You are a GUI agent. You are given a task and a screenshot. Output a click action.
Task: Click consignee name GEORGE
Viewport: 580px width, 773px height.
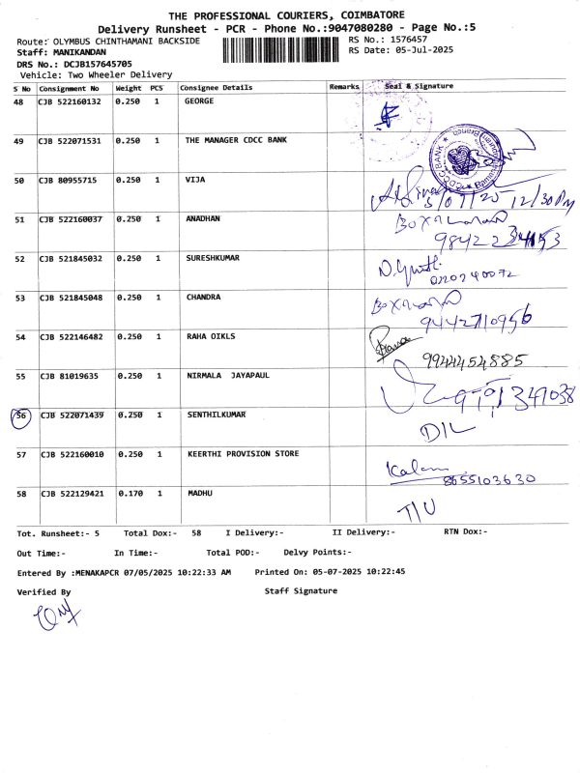point(198,101)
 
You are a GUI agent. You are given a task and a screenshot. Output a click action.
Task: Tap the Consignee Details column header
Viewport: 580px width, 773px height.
point(217,87)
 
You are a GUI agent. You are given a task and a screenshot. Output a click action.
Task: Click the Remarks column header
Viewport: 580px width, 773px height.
point(344,87)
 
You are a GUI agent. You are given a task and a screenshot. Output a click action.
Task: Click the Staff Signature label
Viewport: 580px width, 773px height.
point(301,591)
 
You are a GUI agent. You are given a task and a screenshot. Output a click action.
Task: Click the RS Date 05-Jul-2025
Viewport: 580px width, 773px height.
point(418,50)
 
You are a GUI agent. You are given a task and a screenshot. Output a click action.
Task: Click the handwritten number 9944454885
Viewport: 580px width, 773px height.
point(474,361)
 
